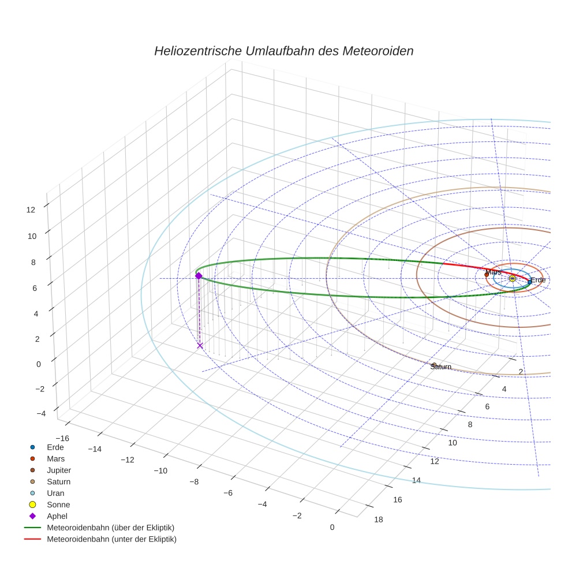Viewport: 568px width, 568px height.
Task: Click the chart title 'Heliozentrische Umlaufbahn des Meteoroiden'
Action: [x=283, y=51]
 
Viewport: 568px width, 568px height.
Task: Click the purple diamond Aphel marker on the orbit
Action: [x=199, y=276]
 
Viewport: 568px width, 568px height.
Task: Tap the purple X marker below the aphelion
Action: [x=200, y=345]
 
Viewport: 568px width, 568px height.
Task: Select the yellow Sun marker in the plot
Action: [x=512, y=278]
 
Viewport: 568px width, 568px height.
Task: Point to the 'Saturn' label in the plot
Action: [x=441, y=367]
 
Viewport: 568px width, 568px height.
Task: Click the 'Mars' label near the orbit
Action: [x=493, y=272]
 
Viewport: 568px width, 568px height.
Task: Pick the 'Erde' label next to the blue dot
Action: [x=538, y=280]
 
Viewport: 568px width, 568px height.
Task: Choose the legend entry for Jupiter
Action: [x=59, y=470]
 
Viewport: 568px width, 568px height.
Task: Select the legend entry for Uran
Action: [x=55, y=493]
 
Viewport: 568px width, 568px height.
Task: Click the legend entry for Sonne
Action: [x=58, y=505]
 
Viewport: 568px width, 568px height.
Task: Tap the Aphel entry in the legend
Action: [x=57, y=516]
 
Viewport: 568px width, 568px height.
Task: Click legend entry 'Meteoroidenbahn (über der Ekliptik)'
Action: [x=110, y=528]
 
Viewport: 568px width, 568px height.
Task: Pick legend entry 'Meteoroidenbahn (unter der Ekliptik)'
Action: [x=111, y=539]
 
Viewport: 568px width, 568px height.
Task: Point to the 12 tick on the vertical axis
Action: [x=31, y=210]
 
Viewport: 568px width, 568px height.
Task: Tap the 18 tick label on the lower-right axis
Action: [x=378, y=520]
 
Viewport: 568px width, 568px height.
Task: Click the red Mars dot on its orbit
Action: [x=487, y=275]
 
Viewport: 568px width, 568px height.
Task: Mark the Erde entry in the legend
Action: [x=55, y=447]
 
